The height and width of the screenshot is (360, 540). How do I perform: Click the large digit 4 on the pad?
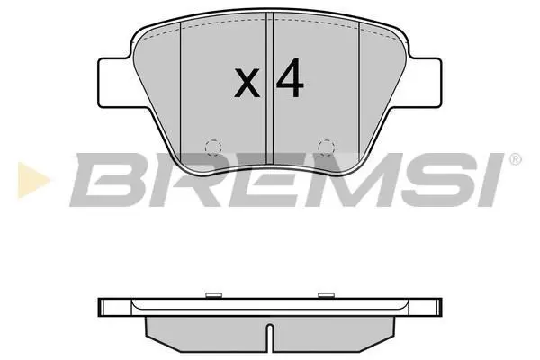coord(290,77)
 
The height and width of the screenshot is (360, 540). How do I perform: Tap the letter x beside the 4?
coord(247,83)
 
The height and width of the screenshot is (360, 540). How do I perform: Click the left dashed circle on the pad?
coord(212,148)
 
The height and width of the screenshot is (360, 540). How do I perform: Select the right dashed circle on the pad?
coord(326,148)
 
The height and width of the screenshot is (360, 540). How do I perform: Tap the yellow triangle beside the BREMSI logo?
coord(33,180)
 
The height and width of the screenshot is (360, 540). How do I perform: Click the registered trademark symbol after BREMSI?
coord(515,159)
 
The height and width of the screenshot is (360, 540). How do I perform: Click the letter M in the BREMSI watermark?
coord(347,180)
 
